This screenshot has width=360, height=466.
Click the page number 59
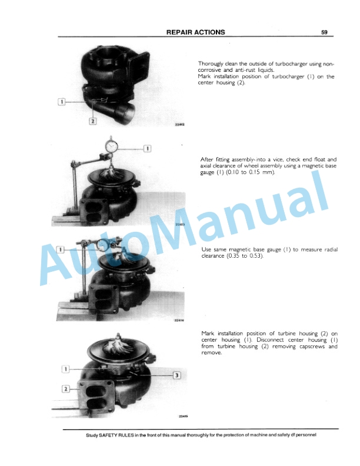click(324, 32)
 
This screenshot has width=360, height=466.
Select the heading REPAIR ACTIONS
click(195, 32)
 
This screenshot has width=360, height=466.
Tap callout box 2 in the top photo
click(92, 121)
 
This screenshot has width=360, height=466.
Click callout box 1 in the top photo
click(62, 102)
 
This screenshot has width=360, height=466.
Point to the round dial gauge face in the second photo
click(111, 144)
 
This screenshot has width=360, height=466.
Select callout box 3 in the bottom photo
click(175, 375)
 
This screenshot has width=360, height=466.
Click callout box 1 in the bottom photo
click(66, 369)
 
